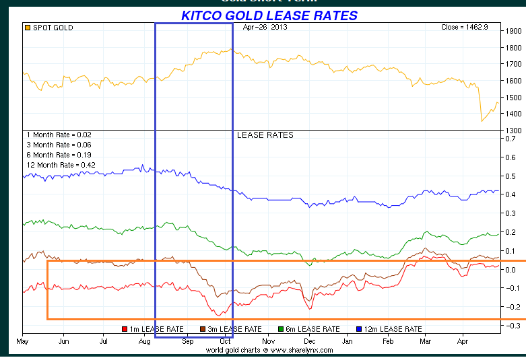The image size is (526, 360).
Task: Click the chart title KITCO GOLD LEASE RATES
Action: click(269, 15)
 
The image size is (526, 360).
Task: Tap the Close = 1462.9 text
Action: click(464, 28)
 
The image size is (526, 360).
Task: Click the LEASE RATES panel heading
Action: click(265, 135)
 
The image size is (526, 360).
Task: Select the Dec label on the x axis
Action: click(306, 341)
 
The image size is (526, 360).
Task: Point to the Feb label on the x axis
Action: click(387, 341)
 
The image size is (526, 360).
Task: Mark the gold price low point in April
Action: click(482, 121)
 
